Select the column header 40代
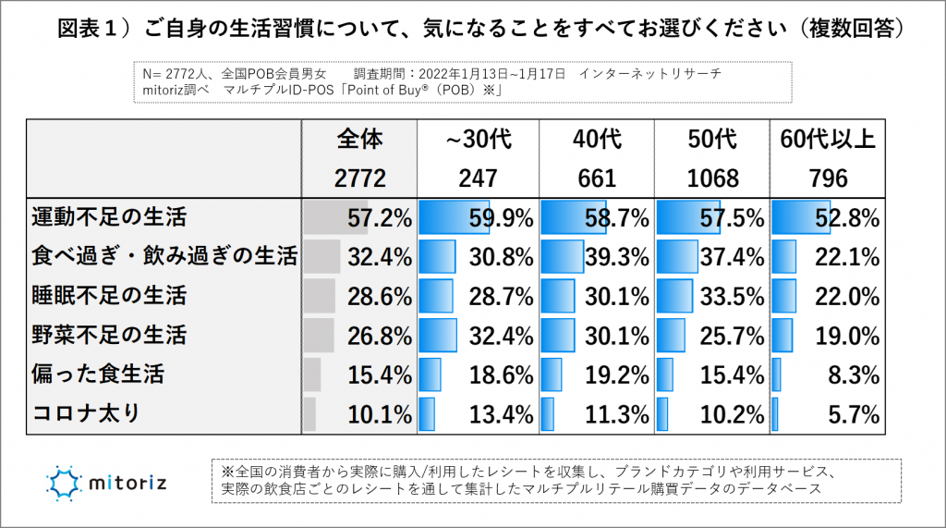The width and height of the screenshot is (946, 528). (596, 140)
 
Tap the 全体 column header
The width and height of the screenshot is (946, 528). (359, 140)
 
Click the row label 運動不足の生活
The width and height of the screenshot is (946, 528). (109, 218)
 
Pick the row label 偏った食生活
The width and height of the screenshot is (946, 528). (97, 374)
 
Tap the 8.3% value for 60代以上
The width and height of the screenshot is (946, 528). (852, 375)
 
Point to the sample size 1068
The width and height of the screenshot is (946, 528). (713, 178)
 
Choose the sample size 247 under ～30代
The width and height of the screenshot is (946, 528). (478, 178)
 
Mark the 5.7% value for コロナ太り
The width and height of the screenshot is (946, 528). (852, 412)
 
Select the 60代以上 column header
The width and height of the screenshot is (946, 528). (828, 140)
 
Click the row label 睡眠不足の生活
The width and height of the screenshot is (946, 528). (109, 296)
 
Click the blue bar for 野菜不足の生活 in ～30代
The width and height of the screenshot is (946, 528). (438, 335)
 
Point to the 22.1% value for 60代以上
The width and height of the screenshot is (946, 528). (847, 257)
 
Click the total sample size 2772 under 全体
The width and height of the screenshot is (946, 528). (359, 178)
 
